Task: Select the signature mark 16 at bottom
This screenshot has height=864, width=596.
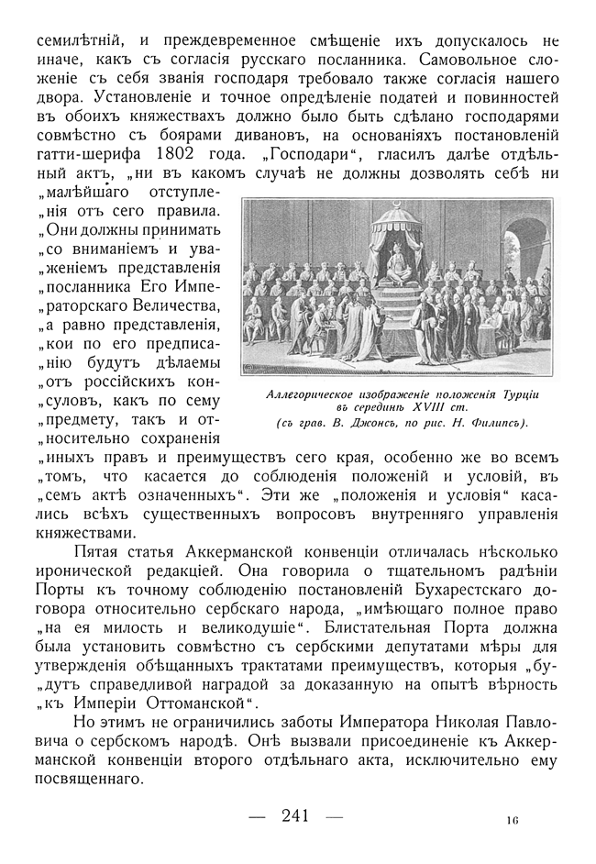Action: tap(512, 821)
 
